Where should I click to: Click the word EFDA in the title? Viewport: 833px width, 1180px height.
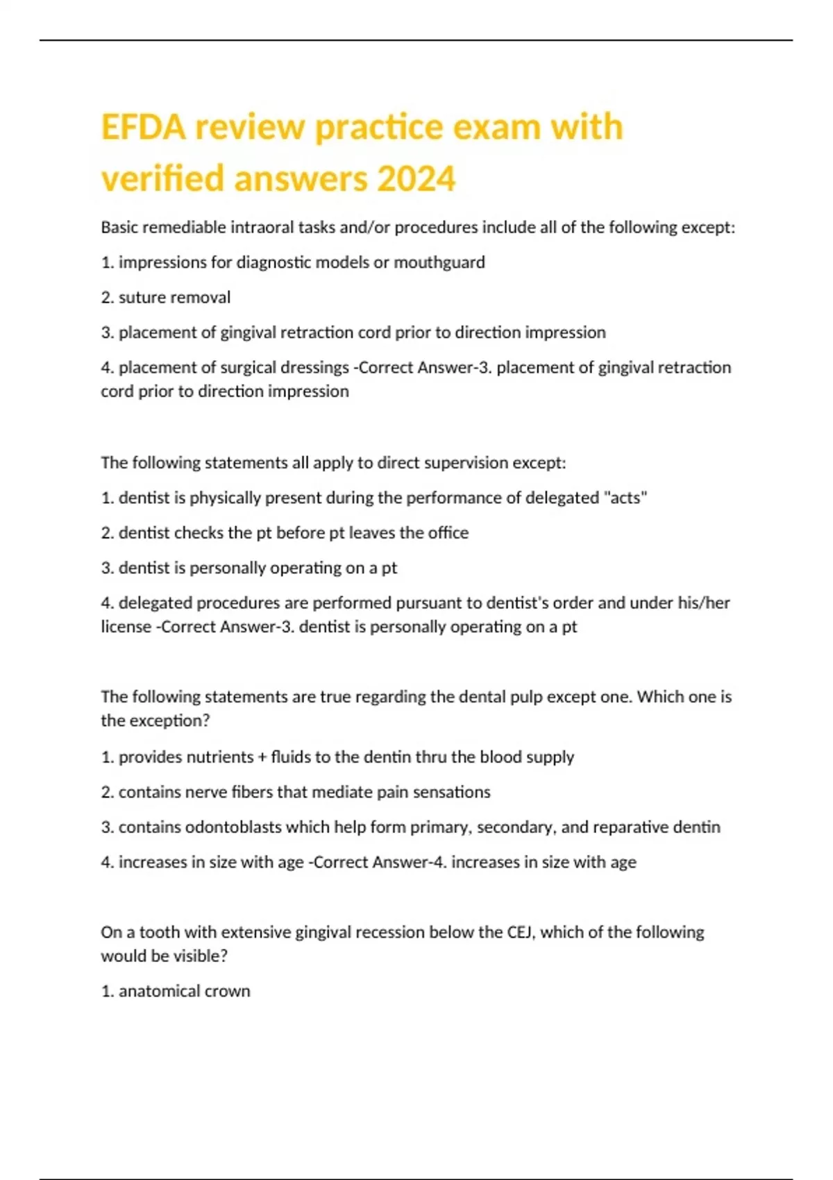click(144, 127)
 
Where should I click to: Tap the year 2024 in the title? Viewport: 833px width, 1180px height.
click(416, 178)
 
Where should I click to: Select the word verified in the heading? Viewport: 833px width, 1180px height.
click(162, 178)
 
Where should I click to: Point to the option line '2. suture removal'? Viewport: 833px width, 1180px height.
click(165, 297)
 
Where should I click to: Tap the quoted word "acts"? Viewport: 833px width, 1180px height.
click(625, 498)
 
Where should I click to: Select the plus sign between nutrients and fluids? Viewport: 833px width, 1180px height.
click(262, 757)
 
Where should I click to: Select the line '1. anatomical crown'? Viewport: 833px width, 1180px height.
click(175, 991)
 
